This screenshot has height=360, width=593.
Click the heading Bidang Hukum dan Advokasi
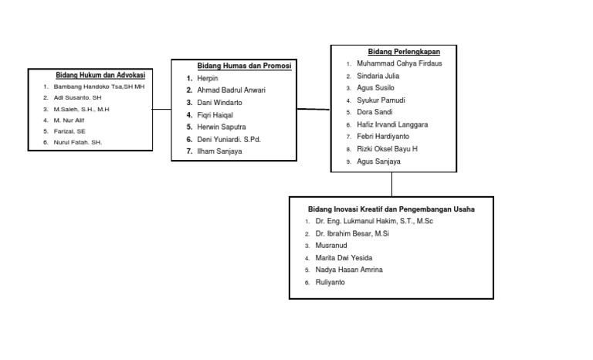(100, 76)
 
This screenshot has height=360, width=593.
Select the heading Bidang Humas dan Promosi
(244, 66)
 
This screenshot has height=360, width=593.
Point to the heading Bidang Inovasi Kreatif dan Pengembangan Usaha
(391, 209)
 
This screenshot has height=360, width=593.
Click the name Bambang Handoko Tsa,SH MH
(99, 87)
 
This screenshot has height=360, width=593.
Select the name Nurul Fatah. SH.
(77, 143)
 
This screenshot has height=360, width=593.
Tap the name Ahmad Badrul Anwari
(231, 90)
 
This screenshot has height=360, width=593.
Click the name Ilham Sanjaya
(219, 152)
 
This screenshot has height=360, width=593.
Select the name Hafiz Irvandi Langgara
(392, 124)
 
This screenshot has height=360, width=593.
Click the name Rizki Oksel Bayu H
(387, 149)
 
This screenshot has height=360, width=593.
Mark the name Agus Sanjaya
(378, 161)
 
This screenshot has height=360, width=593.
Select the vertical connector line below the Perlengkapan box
(391, 184)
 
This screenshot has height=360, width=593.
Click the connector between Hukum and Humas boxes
(161, 110)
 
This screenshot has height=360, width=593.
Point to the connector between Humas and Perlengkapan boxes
(313, 110)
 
